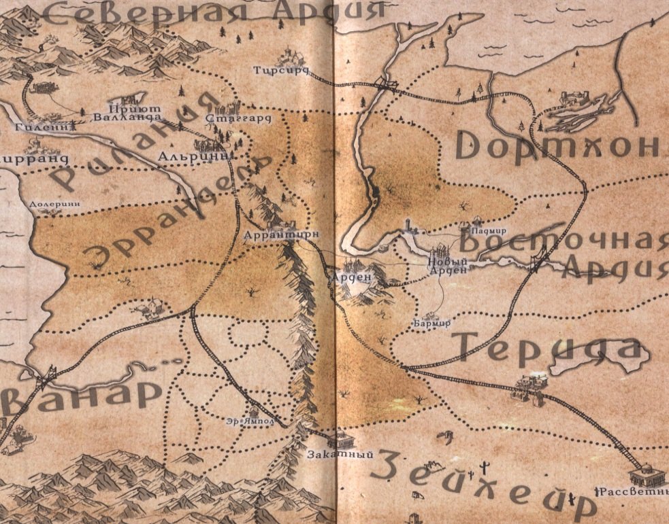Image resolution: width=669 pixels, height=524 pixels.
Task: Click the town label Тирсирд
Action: (281, 70)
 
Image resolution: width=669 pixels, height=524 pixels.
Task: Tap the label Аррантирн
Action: (281, 235)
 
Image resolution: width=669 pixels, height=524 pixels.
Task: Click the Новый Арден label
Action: (448, 264)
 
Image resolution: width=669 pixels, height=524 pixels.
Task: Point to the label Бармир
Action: (432, 323)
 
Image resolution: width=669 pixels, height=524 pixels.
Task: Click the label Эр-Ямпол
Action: (250, 421)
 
